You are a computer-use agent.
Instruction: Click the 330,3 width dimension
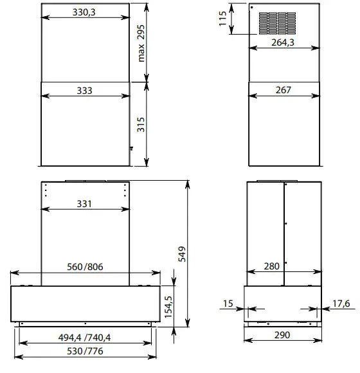click(x=84, y=12)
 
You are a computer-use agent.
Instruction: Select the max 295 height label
click(x=141, y=43)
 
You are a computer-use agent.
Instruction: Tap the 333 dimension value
click(x=84, y=91)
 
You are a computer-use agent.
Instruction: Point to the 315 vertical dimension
click(x=141, y=124)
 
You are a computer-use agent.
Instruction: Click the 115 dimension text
click(x=222, y=19)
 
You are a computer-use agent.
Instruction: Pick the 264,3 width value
click(x=283, y=42)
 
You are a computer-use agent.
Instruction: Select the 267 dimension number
click(x=283, y=90)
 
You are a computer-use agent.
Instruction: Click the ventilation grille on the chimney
click(x=277, y=23)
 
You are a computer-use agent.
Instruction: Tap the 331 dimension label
click(x=84, y=204)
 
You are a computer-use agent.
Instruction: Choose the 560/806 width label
click(x=85, y=267)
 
